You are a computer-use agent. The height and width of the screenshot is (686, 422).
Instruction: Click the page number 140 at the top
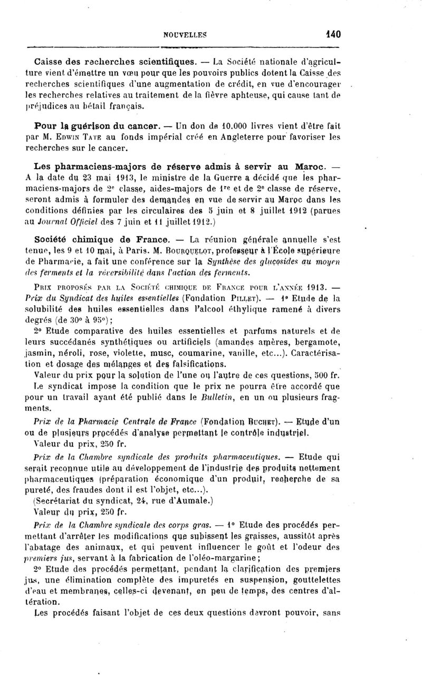click(x=333, y=35)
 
